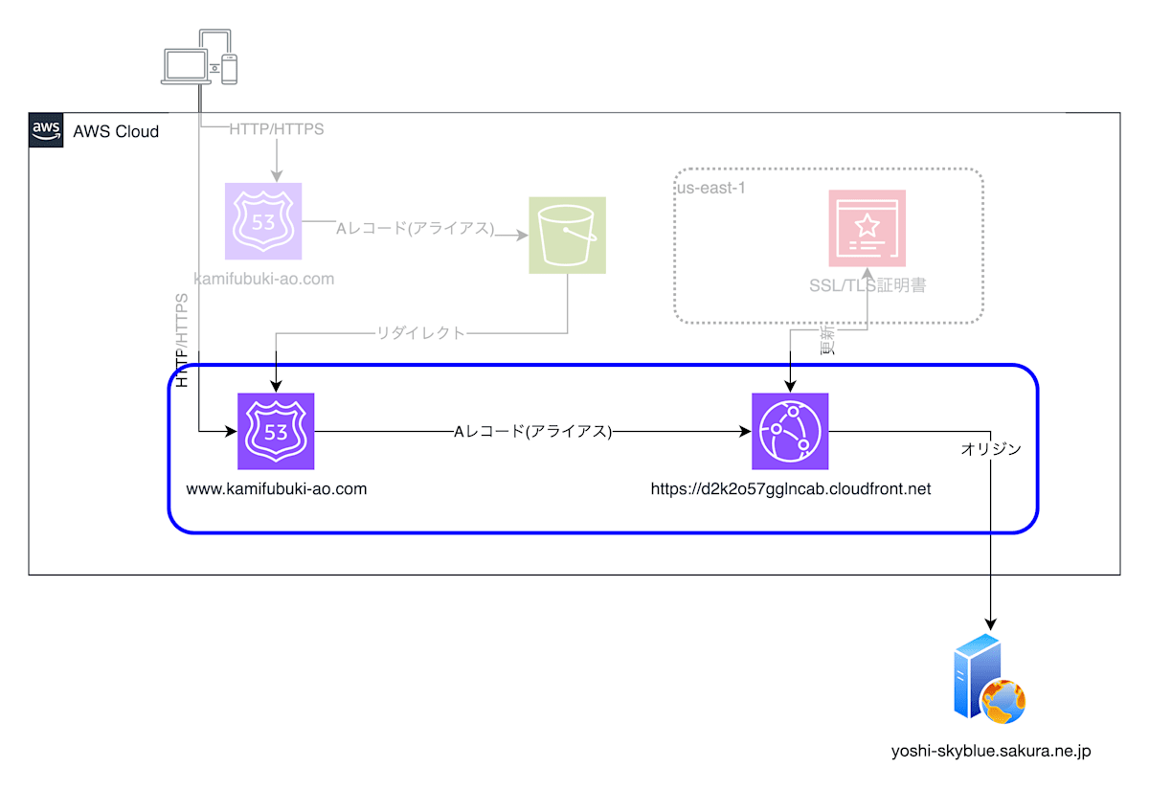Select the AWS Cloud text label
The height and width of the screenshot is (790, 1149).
pyautogui.click(x=116, y=131)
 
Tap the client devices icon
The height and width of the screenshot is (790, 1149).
pyautogui.click(x=199, y=57)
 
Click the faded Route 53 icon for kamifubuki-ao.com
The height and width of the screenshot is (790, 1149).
pyautogui.click(x=263, y=221)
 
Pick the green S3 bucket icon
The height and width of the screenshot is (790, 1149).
pyautogui.click(x=568, y=235)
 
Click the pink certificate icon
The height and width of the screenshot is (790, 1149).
pyautogui.click(x=867, y=228)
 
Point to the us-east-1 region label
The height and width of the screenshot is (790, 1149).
pyautogui.click(x=711, y=188)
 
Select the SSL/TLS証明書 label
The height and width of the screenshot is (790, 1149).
pyautogui.click(x=867, y=285)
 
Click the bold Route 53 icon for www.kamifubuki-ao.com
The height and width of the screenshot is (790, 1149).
pyautogui.click(x=276, y=432)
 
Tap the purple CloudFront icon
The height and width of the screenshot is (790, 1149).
pyautogui.click(x=790, y=432)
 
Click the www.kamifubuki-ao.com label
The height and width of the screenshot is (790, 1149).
pyautogui.click(x=276, y=488)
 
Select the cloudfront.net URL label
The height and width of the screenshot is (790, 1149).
pyautogui.click(x=790, y=488)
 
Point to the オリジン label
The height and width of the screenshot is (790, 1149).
pyautogui.click(x=991, y=448)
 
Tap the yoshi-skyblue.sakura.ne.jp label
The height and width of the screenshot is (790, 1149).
pyautogui.click(x=990, y=752)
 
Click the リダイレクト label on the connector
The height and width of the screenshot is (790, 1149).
pyautogui.click(x=421, y=333)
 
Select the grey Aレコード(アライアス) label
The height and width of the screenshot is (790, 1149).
pyautogui.click(x=416, y=229)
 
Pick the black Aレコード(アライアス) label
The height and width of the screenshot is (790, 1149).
pyautogui.click(x=532, y=432)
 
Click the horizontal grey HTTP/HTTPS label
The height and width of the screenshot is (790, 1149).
pyautogui.click(x=277, y=129)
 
